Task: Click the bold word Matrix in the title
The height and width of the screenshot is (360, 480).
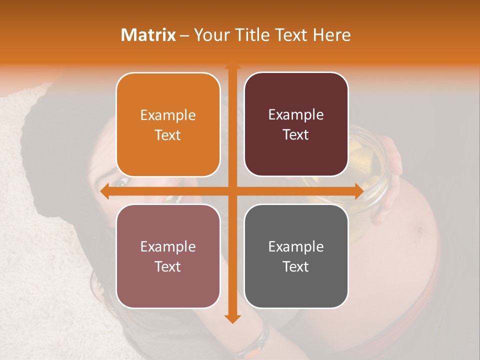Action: [x=148, y=35]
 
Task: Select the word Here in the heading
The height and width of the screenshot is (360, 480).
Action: [x=332, y=35]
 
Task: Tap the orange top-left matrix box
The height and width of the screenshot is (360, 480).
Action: [x=168, y=124]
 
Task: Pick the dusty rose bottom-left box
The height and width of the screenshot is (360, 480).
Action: [x=168, y=256]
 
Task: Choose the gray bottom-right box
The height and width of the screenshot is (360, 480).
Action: [x=296, y=256]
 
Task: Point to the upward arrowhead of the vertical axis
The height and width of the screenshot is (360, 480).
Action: [x=232, y=65]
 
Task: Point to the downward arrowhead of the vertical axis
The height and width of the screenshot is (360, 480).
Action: [x=232, y=318]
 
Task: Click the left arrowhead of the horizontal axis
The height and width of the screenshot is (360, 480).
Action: [x=104, y=191]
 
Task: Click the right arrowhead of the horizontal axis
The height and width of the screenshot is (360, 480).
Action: [x=358, y=191]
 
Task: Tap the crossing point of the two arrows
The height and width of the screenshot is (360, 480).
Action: [x=232, y=191]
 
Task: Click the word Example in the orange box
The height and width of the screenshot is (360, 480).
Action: [x=168, y=115]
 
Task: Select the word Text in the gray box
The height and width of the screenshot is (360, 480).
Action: [x=296, y=266]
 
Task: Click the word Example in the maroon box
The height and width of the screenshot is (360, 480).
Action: [x=296, y=115]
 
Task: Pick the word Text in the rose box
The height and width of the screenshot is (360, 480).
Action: [x=168, y=266]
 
